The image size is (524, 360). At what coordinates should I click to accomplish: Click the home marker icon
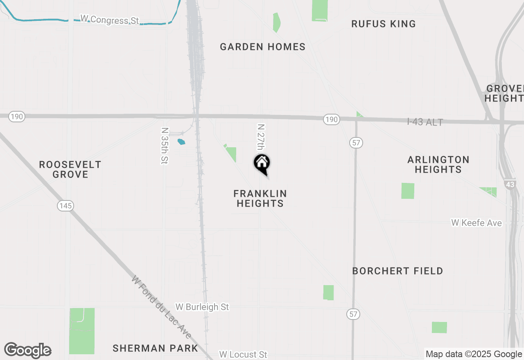(x=262, y=163)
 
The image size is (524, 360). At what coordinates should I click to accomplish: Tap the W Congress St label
(x=110, y=19)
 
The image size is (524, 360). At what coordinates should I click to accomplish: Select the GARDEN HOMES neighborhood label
(x=262, y=47)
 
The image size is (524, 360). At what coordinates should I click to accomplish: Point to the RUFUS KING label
(x=383, y=24)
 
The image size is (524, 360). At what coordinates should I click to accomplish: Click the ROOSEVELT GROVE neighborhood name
(x=70, y=169)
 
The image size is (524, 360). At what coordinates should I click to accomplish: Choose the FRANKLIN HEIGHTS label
(x=260, y=198)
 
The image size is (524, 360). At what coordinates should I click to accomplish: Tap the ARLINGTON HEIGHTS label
(x=438, y=164)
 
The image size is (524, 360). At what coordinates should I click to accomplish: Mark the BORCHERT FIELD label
(x=398, y=271)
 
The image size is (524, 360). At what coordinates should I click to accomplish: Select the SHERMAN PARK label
(x=155, y=348)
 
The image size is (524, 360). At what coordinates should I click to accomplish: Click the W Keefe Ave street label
(x=476, y=223)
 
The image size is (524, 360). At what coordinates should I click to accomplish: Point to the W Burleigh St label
(x=202, y=307)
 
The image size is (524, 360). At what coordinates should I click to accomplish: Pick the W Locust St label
(x=243, y=354)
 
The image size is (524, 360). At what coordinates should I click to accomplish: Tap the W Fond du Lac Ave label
(x=161, y=307)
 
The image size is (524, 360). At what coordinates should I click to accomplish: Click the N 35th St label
(x=165, y=146)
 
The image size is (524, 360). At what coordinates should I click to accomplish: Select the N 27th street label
(x=261, y=138)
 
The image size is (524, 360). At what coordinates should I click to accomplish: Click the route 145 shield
(x=65, y=206)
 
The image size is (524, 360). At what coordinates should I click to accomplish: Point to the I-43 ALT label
(x=425, y=122)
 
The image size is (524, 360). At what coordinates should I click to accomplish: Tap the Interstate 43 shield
(x=510, y=184)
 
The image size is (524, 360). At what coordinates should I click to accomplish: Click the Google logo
(x=27, y=350)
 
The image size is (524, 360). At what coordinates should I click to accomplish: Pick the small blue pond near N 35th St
(x=181, y=142)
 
